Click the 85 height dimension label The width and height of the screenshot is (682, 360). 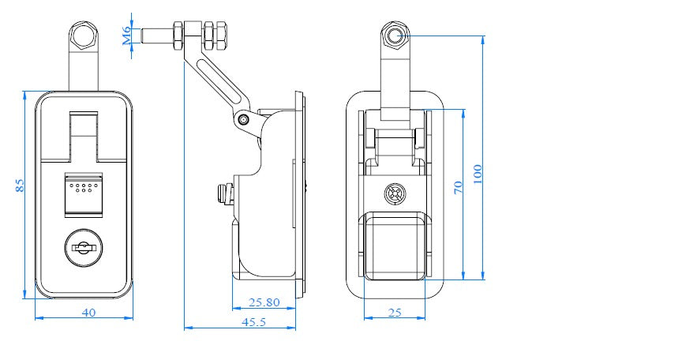(20, 185)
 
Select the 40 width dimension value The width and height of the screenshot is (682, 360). (88, 313)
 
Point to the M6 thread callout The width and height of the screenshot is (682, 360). (126, 36)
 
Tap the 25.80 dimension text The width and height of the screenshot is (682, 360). (264, 302)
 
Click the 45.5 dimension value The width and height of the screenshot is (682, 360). (253, 322)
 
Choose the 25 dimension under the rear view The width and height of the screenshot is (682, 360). (395, 313)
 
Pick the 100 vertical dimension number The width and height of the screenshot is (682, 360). (476, 174)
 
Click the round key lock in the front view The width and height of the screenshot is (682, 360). (83, 249)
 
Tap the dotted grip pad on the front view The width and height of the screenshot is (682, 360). (83, 188)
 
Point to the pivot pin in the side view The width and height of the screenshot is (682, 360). (243, 119)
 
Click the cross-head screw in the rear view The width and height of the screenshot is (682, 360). (395, 193)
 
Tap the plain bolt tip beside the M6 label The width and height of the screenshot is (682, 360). (154, 36)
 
